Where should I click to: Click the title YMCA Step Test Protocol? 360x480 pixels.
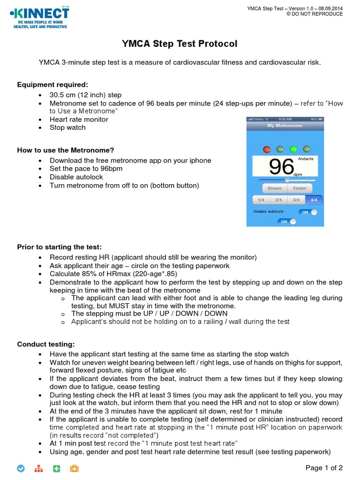[x=180, y=44]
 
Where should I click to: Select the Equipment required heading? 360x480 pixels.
[x=52, y=84]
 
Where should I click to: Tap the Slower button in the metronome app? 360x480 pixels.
[x=275, y=188]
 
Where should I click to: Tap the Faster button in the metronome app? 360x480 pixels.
[x=300, y=188]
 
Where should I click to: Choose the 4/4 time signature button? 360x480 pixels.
[x=314, y=200]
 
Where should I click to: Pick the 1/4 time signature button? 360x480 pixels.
[x=261, y=200]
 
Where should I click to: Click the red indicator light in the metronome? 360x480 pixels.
[x=267, y=150]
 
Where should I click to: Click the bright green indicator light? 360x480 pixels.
[x=293, y=150]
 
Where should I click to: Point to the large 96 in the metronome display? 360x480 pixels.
[x=281, y=166]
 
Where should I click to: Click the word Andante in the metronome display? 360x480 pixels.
[x=306, y=159]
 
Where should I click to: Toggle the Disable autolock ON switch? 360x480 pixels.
[x=308, y=212]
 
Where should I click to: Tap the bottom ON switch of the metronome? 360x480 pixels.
[x=287, y=222]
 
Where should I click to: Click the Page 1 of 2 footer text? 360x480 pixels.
[x=324, y=467]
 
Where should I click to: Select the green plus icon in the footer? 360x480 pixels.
[x=56, y=468]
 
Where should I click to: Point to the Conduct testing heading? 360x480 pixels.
[x=46, y=344]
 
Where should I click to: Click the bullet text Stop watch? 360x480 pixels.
[x=67, y=127]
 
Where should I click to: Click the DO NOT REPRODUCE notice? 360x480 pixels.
[x=315, y=14]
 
